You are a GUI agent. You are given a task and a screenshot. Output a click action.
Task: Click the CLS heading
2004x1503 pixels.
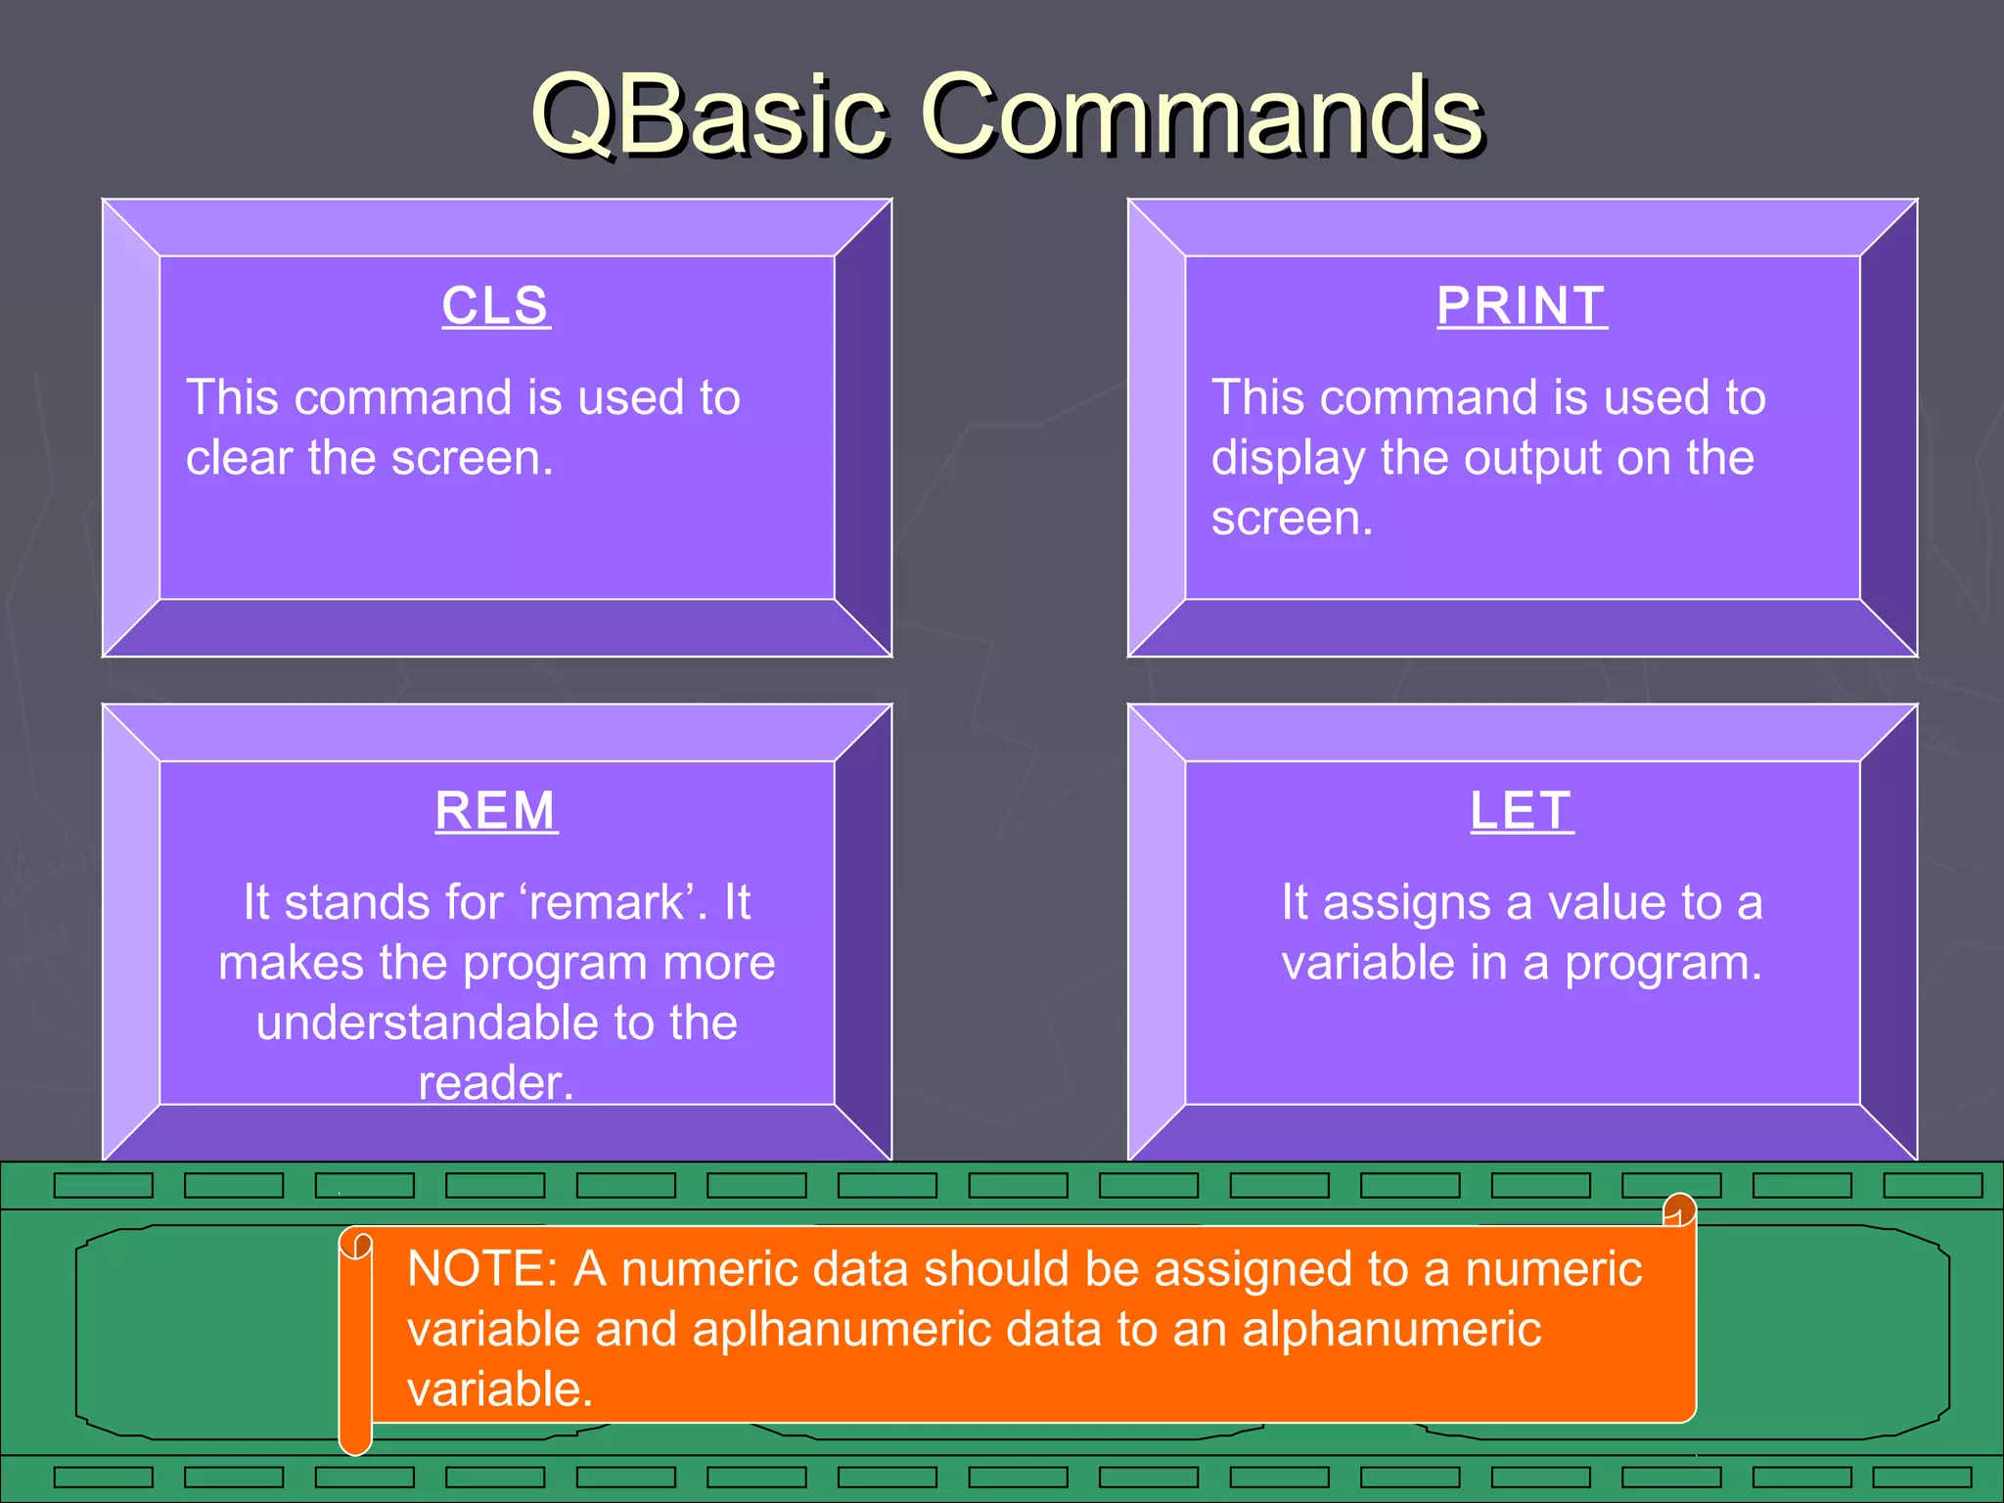[495, 306]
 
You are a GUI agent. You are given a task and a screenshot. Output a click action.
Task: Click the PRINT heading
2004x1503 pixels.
[1522, 306]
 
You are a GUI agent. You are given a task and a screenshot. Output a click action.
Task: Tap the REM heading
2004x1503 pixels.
[496, 811]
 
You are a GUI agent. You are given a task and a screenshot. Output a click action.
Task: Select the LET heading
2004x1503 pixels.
[1522, 811]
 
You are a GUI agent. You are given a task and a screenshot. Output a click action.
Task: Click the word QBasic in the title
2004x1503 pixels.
[709, 115]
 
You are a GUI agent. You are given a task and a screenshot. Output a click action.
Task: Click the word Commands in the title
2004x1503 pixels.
[1203, 115]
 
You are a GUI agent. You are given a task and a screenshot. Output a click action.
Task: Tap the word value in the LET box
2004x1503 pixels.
[1595, 902]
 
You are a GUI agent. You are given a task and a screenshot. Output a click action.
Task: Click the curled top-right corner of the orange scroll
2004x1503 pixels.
[1679, 1210]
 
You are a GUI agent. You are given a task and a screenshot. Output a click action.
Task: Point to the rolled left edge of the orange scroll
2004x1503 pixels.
[355, 1341]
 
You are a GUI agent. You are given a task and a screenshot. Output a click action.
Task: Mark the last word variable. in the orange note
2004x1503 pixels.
[500, 1389]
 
